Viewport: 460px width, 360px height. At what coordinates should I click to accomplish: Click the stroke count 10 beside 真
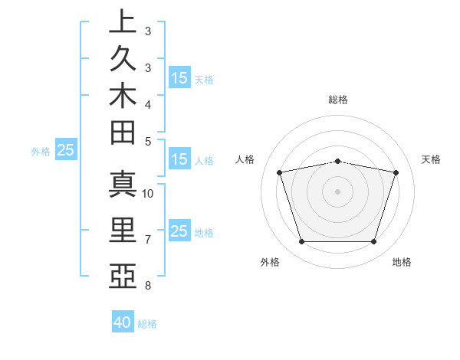click(x=148, y=193)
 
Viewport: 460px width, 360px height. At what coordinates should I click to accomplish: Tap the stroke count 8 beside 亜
click(x=148, y=286)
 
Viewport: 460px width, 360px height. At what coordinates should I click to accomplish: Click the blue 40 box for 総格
click(x=123, y=322)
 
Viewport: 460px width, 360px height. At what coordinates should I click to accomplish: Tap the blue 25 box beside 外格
click(x=66, y=150)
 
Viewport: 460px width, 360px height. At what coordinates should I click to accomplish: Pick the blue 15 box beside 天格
click(x=179, y=77)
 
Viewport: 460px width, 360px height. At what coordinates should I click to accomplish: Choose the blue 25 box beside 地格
click(x=179, y=231)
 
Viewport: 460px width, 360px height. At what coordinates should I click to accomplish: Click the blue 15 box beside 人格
click(x=179, y=159)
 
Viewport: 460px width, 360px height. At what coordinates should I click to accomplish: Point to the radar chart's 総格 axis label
click(x=337, y=100)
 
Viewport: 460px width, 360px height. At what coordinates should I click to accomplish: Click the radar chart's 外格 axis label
click(x=270, y=263)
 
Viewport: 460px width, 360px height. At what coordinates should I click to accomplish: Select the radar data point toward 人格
click(x=280, y=173)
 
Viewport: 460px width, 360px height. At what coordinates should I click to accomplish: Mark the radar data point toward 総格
click(x=337, y=161)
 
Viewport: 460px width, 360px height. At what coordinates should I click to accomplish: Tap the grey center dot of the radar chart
click(x=337, y=191)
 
